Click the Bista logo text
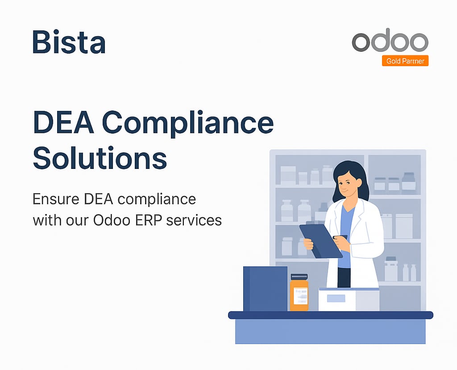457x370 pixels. click(69, 42)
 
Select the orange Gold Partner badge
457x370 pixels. click(405, 61)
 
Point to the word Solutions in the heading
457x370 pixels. click(100, 157)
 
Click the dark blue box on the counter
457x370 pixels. click(265, 289)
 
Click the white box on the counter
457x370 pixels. click(348, 299)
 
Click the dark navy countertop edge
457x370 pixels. click(330, 315)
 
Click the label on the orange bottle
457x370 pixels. click(299, 296)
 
